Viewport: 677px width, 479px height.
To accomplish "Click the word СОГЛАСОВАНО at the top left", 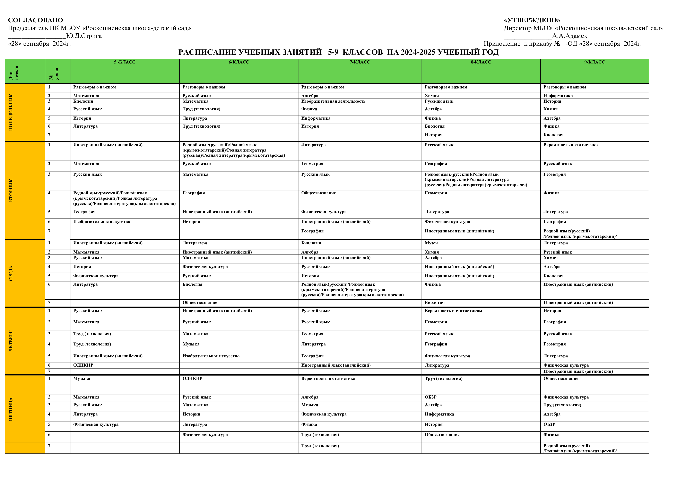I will pyautogui.click(x=35, y=20).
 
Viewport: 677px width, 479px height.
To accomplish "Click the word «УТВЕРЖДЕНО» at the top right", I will pyautogui.click(x=532, y=20).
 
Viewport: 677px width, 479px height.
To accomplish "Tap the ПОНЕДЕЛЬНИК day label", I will pyautogui.click(x=11, y=112).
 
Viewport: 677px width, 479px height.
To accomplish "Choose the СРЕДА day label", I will pyautogui.click(x=11, y=273).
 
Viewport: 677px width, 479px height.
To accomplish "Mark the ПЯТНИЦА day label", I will pyautogui.click(x=11, y=409).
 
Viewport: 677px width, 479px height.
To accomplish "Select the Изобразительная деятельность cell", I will pyautogui.click(x=333, y=101).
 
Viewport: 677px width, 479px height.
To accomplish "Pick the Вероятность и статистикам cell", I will pyautogui.click(x=453, y=311).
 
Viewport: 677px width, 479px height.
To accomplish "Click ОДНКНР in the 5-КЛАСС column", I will pyautogui.click(x=83, y=365).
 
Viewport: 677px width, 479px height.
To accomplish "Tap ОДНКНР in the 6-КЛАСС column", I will pyautogui.click(x=192, y=379).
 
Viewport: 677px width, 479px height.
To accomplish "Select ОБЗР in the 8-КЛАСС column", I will pyautogui.click(x=431, y=397).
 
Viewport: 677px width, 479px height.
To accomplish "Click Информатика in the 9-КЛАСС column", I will pyautogui.click(x=558, y=96).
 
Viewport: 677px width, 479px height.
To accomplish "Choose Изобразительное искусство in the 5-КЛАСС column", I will pyautogui.click(x=102, y=222).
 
